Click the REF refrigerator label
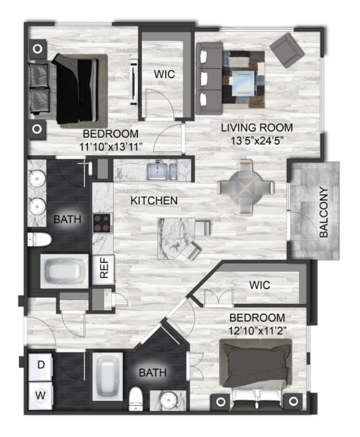click(x=104, y=268)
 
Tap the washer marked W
click(x=40, y=395)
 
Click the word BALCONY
click(x=324, y=212)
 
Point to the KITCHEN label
click(x=154, y=201)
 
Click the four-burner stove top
click(x=102, y=223)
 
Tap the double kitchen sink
click(x=162, y=172)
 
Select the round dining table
click(x=246, y=188)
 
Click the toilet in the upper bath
click(x=39, y=240)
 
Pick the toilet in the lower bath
click(x=136, y=399)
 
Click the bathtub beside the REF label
click(x=64, y=271)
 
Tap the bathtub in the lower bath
click(x=108, y=377)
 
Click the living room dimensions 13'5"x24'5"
click(x=257, y=141)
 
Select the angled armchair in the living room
click(x=287, y=51)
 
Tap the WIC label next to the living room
click(x=165, y=74)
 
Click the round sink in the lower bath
click(x=168, y=400)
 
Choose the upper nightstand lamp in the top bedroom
click(x=38, y=49)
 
